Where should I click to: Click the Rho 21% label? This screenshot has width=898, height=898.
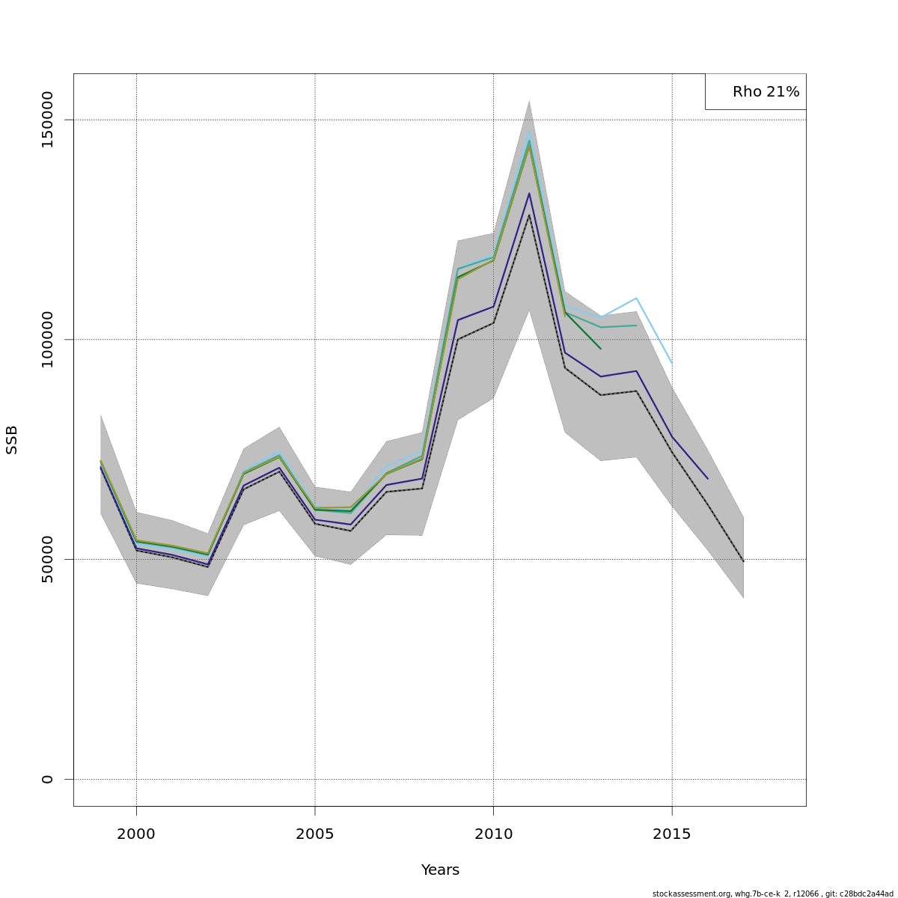click(x=766, y=92)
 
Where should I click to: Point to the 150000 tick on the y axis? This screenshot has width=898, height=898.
click(x=48, y=120)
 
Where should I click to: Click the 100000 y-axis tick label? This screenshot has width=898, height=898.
click(x=48, y=340)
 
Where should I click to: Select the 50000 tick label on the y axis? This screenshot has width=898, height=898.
click(x=48, y=559)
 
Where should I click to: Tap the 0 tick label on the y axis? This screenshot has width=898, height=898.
click(x=48, y=779)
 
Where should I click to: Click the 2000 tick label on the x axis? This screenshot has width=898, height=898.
click(x=136, y=834)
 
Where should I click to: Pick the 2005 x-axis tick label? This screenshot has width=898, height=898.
click(x=315, y=834)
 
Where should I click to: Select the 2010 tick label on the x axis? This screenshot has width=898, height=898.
click(x=493, y=834)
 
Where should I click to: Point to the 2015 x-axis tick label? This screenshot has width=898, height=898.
click(x=672, y=834)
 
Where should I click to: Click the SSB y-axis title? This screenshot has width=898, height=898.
click(x=12, y=440)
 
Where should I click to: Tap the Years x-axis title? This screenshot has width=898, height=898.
click(x=440, y=870)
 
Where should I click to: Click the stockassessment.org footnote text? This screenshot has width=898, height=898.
click(x=772, y=894)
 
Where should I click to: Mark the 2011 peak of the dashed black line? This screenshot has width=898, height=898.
click(x=529, y=215)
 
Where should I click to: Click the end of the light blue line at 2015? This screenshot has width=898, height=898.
click(x=672, y=364)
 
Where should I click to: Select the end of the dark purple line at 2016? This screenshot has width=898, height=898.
click(x=707, y=478)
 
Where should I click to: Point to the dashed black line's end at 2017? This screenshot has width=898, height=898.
click(x=743, y=561)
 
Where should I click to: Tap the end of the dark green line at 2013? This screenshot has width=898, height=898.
click(x=600, y=349)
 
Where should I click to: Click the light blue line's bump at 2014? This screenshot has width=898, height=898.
click(x=636, y=298)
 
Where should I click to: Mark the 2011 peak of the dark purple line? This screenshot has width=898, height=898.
click(x=529, y=193)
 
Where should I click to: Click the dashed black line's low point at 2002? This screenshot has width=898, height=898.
click(x=207, y=566)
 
